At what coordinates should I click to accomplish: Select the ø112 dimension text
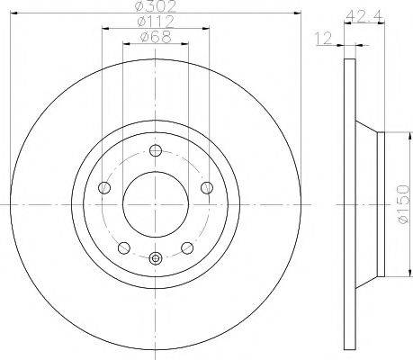(155, 22)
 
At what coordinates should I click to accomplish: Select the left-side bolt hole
(103, 188)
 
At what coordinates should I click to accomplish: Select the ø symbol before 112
(139, 22)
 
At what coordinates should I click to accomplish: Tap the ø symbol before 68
(144, 37)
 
